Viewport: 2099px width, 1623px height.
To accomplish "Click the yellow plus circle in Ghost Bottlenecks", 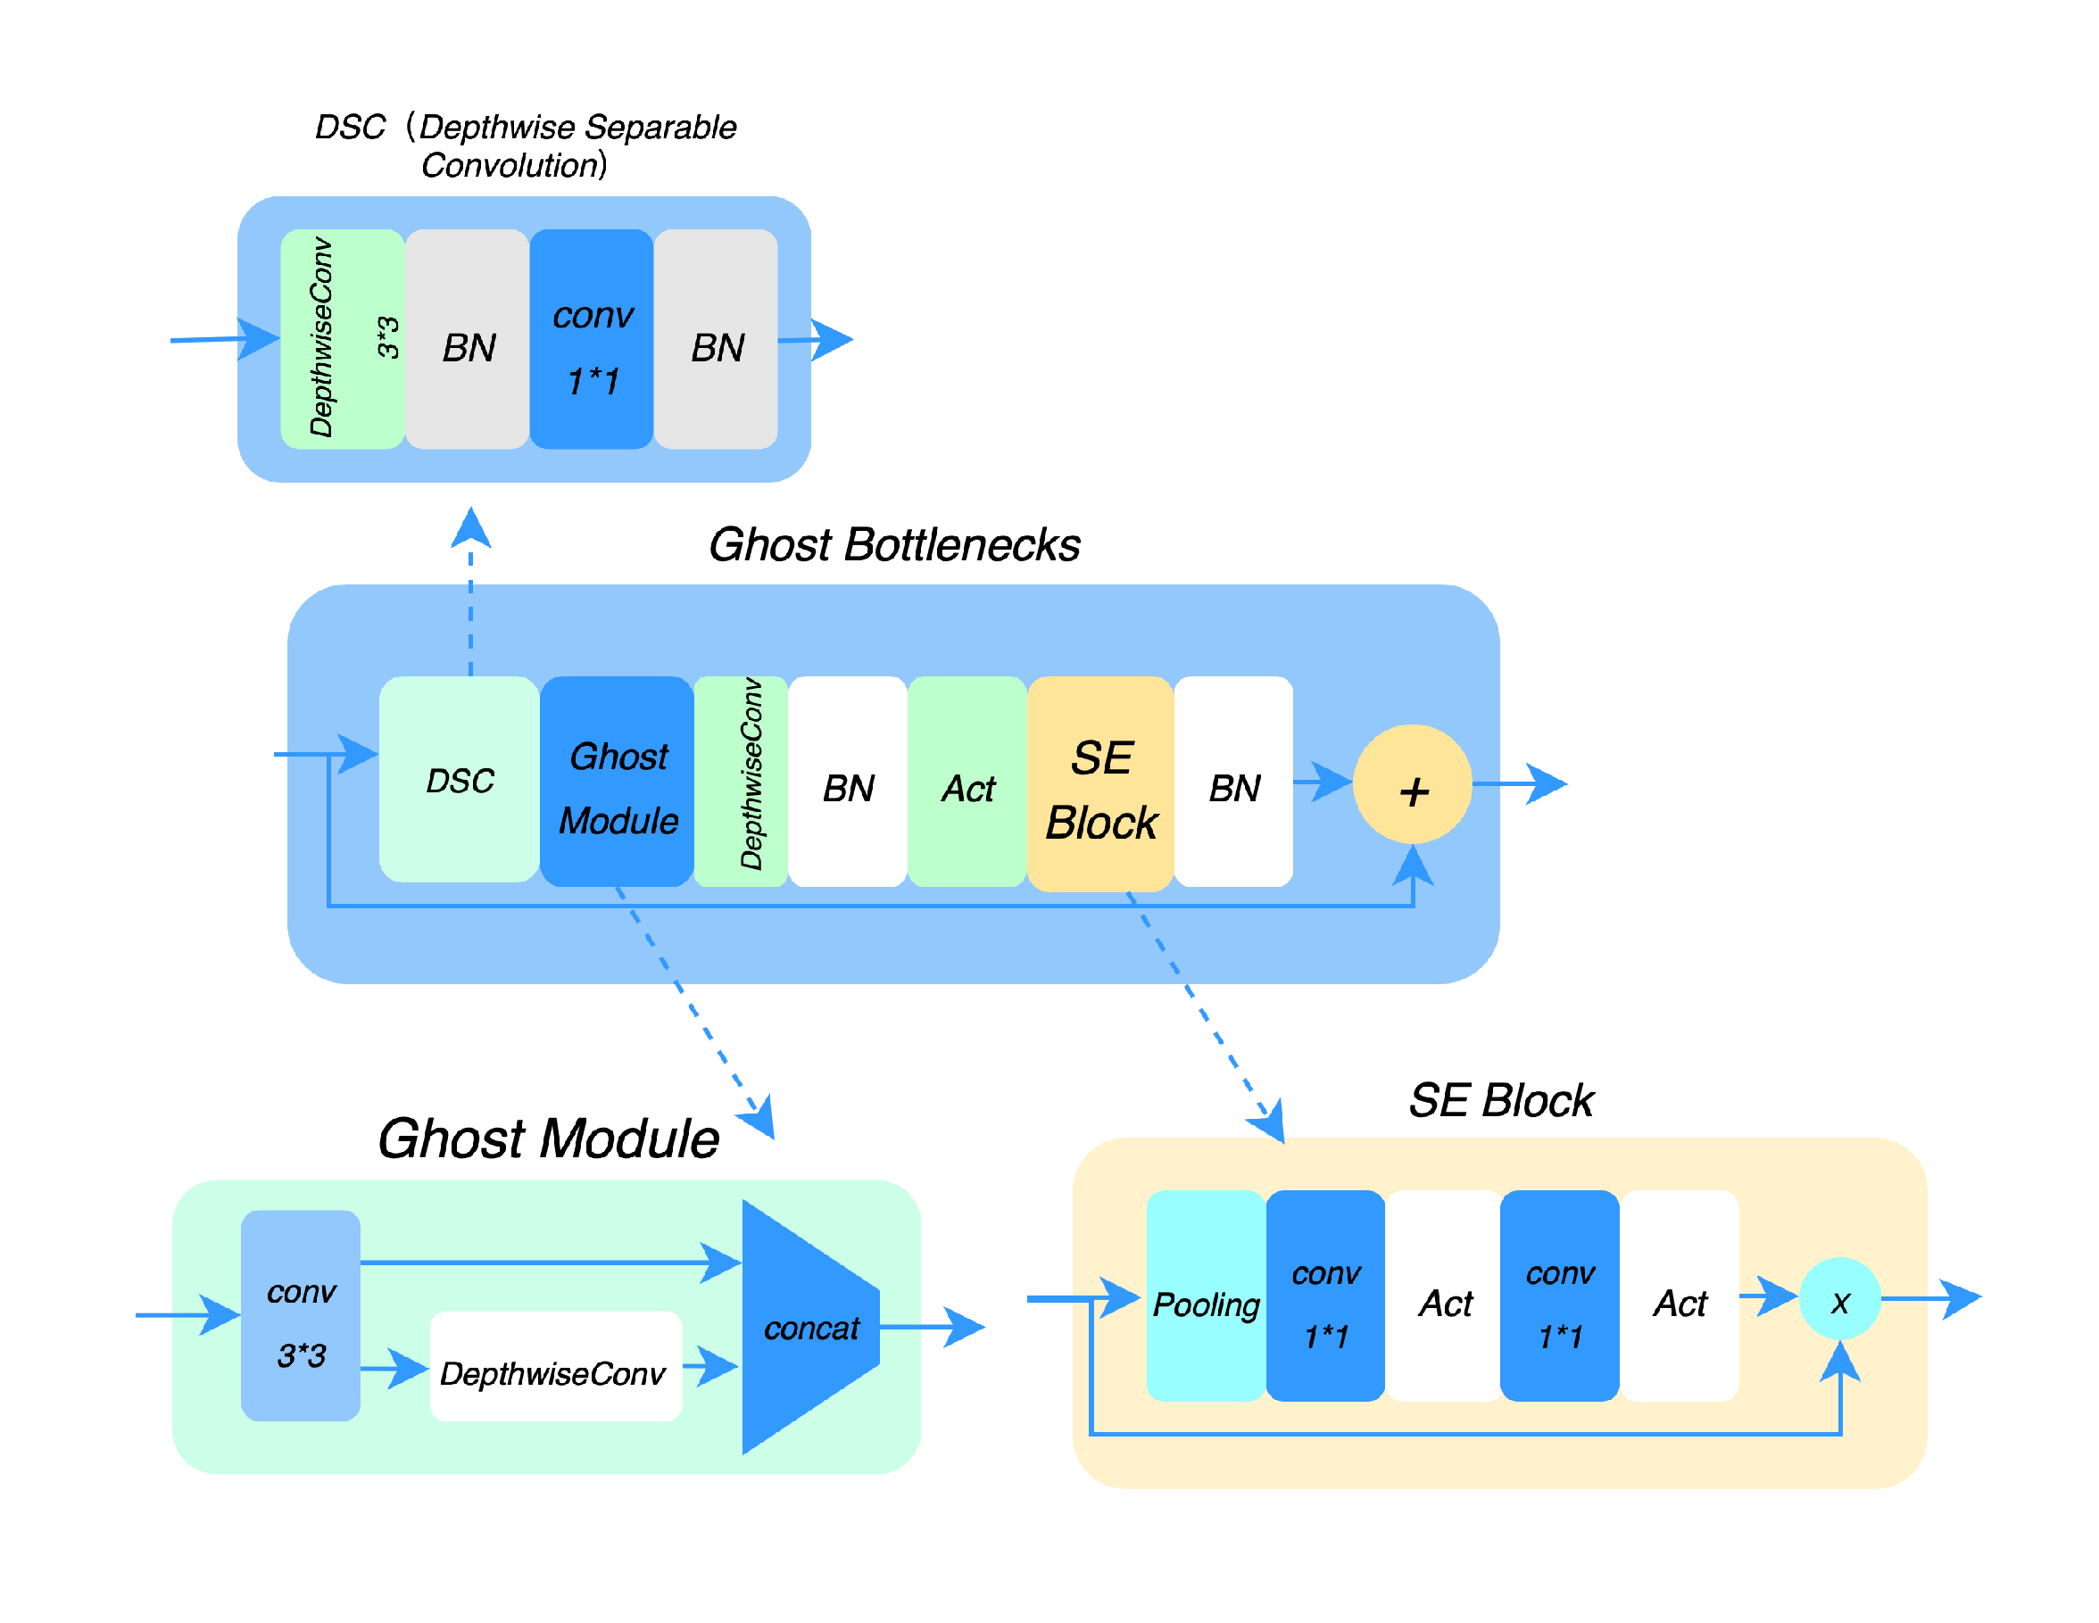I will coord(1411,783).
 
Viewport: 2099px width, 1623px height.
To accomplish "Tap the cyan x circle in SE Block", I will coord(1838,1298).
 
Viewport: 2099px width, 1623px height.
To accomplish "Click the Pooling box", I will coord(1205,1296).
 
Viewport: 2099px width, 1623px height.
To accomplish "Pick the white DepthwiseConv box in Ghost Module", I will coord(555,1365).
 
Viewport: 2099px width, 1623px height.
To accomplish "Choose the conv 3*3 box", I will coord(301,1314).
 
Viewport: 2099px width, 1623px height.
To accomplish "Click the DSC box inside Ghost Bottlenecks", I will coord(459,779).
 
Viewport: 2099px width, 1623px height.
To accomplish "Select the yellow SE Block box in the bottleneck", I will coord(1099,783).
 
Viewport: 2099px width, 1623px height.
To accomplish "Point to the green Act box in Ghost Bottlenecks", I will coord(967,782).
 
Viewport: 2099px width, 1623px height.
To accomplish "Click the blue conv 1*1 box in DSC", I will coord(591,338).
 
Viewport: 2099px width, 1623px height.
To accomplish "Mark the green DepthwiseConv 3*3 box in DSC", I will coord(342,338).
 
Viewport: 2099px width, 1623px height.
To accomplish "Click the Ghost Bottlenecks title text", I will coord(894,545).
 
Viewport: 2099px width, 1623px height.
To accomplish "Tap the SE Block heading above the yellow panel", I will coord(1500,1100).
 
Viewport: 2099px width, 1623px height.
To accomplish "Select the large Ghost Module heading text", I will coord(548,1139).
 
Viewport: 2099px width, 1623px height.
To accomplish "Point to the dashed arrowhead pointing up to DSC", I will coord(471,527).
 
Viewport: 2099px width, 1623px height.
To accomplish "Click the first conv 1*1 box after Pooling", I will coord(1325,1296).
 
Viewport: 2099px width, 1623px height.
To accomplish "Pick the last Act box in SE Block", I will coord(1679,1296).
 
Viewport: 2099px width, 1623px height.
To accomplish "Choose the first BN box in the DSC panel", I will coord(467,338).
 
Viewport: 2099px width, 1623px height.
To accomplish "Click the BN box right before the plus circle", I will coord(1233,782).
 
